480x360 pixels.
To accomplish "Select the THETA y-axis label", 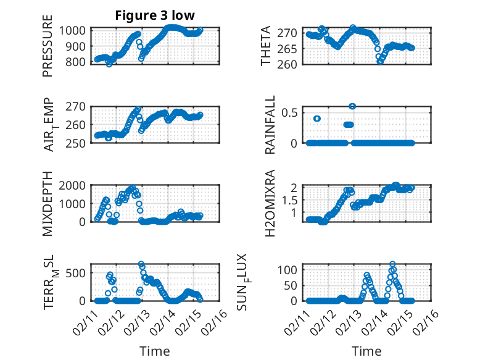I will [266, 46].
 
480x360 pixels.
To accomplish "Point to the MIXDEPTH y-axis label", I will [48, 203].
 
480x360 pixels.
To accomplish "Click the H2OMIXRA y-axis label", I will [270, 203].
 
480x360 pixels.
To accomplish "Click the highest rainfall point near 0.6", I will [352, 106].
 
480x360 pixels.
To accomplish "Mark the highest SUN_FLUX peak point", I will [392, 264].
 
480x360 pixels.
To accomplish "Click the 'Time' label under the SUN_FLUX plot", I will [366, 351].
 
